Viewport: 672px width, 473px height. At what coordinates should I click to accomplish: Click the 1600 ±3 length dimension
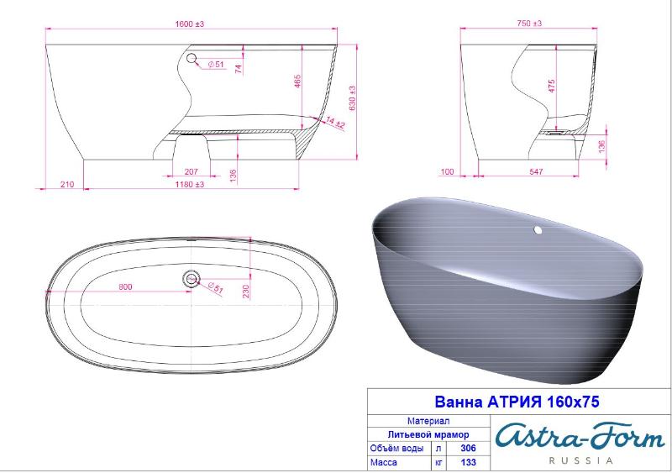coord(190,24)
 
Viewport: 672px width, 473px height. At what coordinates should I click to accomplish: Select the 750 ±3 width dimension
coord(529,24)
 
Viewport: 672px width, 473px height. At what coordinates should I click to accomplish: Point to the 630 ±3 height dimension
coord(352,98)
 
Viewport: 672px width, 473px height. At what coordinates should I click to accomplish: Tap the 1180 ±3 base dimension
coord(190,184)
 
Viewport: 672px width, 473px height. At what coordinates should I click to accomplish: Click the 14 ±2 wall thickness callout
coord(334,122)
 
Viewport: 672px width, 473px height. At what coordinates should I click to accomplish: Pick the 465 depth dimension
coord(298,81)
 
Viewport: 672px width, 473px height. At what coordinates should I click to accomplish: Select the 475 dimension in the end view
coord(552,86)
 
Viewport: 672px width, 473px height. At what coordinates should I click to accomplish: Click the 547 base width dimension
coord(536,171)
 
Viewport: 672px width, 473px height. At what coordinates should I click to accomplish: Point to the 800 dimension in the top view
coord(125,286)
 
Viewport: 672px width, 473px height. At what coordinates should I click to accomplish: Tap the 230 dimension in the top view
coord(246,292)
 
